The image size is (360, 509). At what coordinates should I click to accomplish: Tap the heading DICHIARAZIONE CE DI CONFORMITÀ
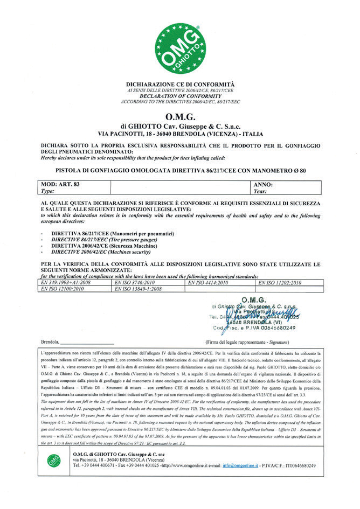180,85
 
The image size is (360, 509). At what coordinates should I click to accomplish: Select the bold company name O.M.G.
180,117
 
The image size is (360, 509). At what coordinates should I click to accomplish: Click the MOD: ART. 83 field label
61,185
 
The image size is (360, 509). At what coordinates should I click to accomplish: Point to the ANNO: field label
262,185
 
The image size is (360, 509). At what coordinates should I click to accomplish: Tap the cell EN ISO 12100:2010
66,289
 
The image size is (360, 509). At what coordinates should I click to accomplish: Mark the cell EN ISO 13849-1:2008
139,289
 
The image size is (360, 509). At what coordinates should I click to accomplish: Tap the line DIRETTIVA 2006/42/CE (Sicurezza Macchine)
101,245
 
